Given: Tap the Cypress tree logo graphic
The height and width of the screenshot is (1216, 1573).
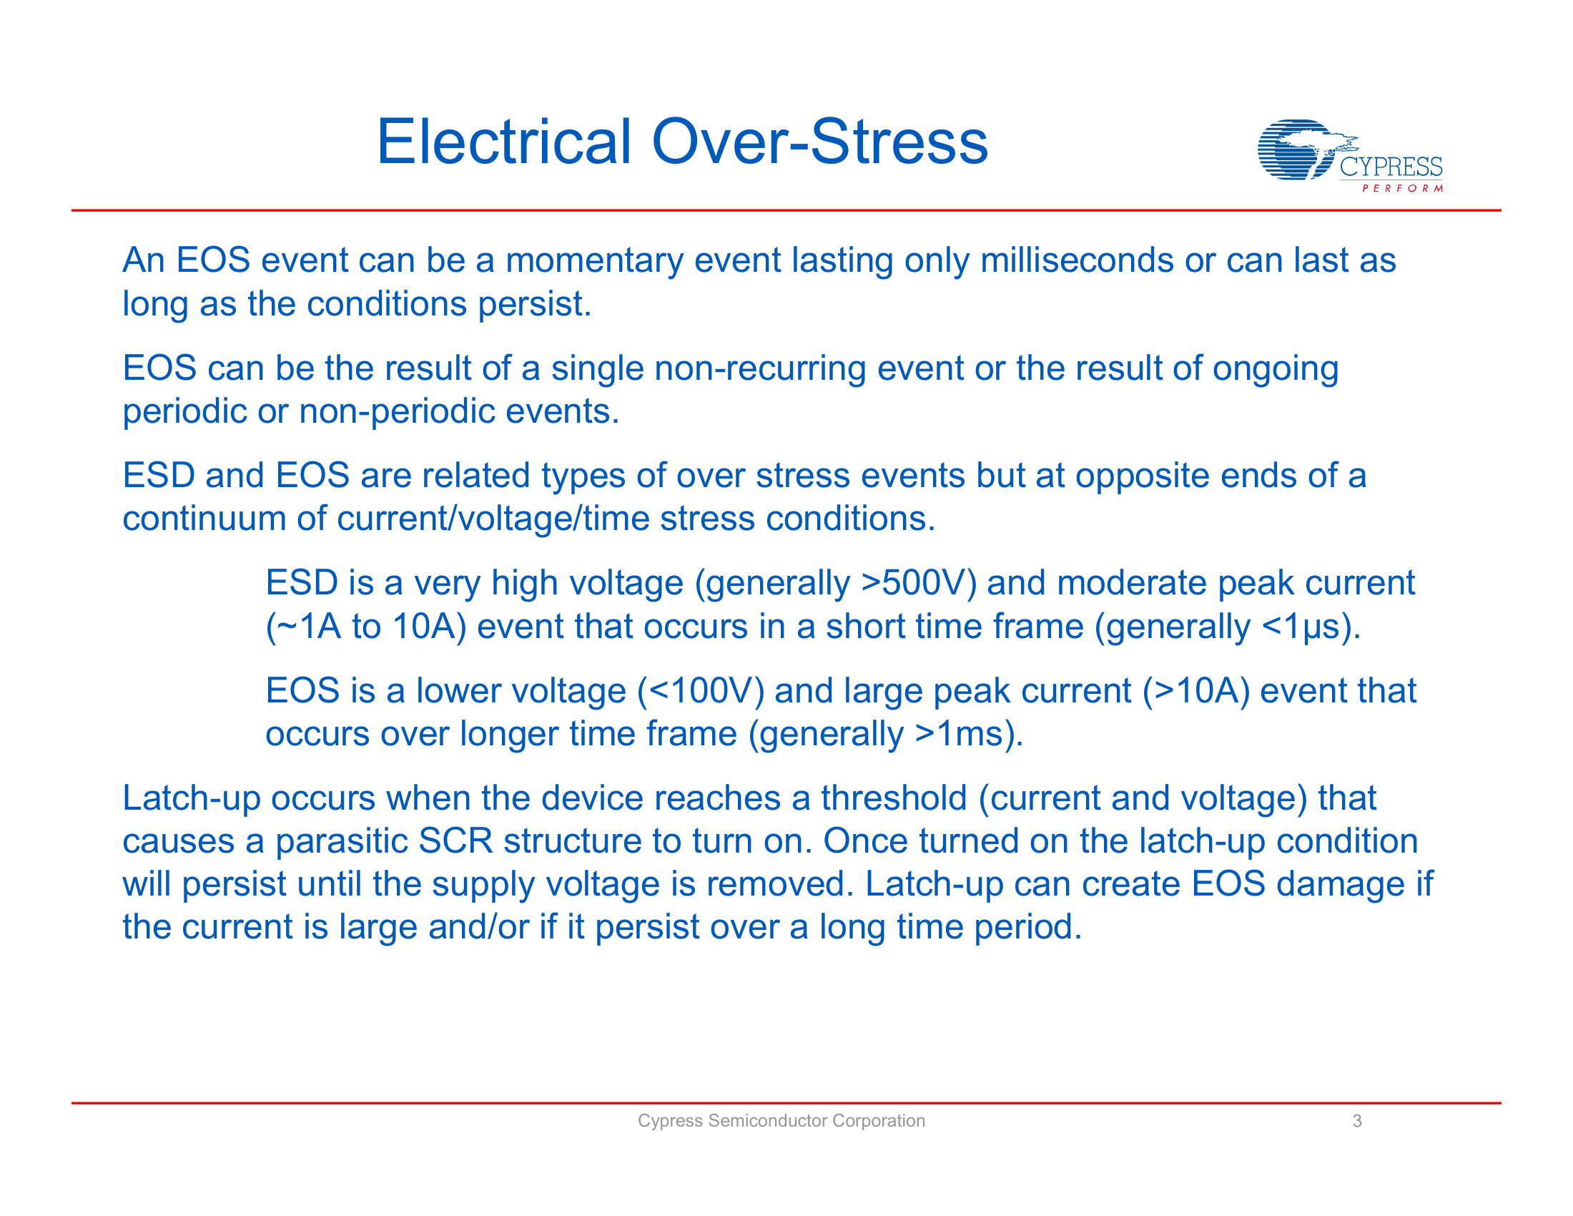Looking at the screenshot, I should click(1296, 149).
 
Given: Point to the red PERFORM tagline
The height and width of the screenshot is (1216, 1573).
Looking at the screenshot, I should click(1402, 189).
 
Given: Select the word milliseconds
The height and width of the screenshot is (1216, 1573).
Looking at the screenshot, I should click(1076, 260).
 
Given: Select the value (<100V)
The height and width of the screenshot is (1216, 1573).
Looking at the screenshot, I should click(700, 691).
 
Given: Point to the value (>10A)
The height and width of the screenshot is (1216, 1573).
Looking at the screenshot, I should click(1195, 691).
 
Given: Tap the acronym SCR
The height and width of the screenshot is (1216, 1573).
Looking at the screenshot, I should click(455, 841).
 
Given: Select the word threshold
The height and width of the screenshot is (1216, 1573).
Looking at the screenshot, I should click(893, 798).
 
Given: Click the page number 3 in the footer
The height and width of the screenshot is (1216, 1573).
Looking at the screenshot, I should click(1356, 1121).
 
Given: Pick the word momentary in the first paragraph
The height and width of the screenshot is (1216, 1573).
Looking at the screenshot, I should click(594, 260).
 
